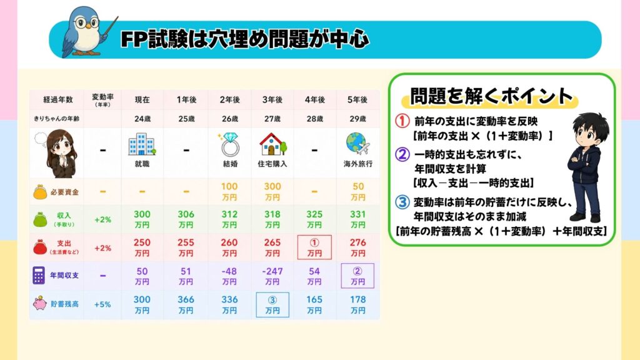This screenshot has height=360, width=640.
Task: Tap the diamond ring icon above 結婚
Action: click(229, 144)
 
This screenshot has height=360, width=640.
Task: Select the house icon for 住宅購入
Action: click(272, 144)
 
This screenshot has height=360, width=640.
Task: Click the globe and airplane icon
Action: click(357, 144)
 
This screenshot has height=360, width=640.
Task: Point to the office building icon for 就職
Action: click(142, 144)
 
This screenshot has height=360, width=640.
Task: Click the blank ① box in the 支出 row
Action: click(314, 247)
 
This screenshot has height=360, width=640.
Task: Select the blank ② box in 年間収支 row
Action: click(357, 276)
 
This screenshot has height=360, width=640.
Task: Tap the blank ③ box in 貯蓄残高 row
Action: click(272, 304)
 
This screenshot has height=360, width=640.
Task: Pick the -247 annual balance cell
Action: click(272, 276)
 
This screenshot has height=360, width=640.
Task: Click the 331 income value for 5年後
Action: click(357, 219)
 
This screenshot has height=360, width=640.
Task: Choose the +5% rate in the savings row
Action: click(102, 304)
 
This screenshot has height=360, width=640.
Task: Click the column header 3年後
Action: click(272, 99)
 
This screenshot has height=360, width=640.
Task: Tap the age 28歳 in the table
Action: click(315, 119)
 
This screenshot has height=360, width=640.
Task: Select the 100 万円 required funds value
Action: click(229, 191)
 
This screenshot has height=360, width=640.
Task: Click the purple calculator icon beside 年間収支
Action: click(39, 276)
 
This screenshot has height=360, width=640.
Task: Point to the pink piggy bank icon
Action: click(39, 303)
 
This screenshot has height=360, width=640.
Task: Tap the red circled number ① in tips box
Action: click(402, 121)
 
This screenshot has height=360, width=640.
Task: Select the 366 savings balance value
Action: click(186, 304)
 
